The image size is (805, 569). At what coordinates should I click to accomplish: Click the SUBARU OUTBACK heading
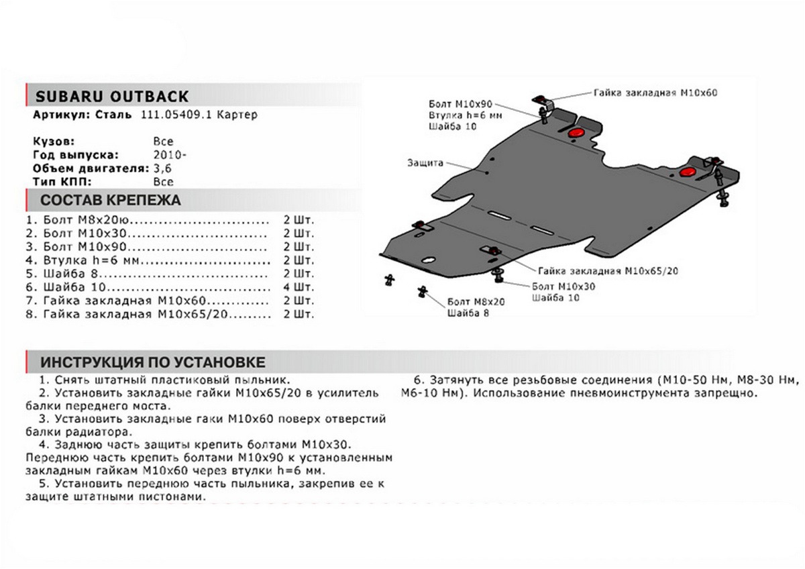click(111, 96)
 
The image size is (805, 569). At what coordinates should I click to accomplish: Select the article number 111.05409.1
click(176, 115)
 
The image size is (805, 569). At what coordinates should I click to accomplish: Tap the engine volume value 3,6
click(162, 168)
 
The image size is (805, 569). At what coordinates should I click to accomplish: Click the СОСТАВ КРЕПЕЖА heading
click(110, 201)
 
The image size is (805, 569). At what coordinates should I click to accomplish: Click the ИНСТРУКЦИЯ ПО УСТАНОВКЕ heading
click(153, 363)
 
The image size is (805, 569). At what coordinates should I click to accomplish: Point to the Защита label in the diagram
click(423, 162)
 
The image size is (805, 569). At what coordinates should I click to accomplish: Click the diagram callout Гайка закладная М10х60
click(655, 93)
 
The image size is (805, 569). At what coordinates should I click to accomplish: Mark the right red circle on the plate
click(688, 173)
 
